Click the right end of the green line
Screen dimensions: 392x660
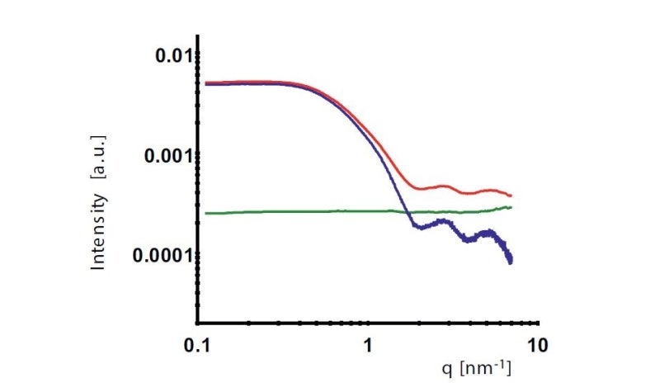click(511, 207)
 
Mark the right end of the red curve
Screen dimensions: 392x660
click(511, 196)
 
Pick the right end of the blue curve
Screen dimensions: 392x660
click(511, 262)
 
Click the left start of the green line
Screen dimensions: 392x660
click(205, 213)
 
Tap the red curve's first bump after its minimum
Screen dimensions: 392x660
click(445, 187)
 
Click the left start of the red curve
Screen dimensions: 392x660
click(205, 83)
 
